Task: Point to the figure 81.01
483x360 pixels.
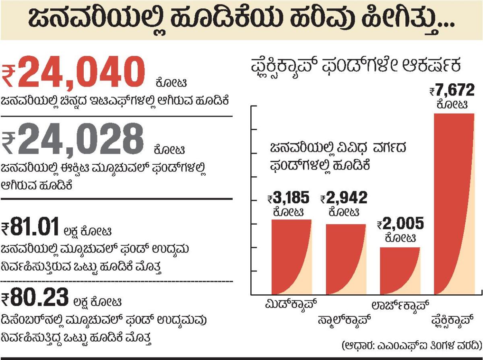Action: point(36,228)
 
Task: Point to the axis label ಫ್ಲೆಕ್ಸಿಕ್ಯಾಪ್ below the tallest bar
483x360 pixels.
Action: point(454,320)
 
